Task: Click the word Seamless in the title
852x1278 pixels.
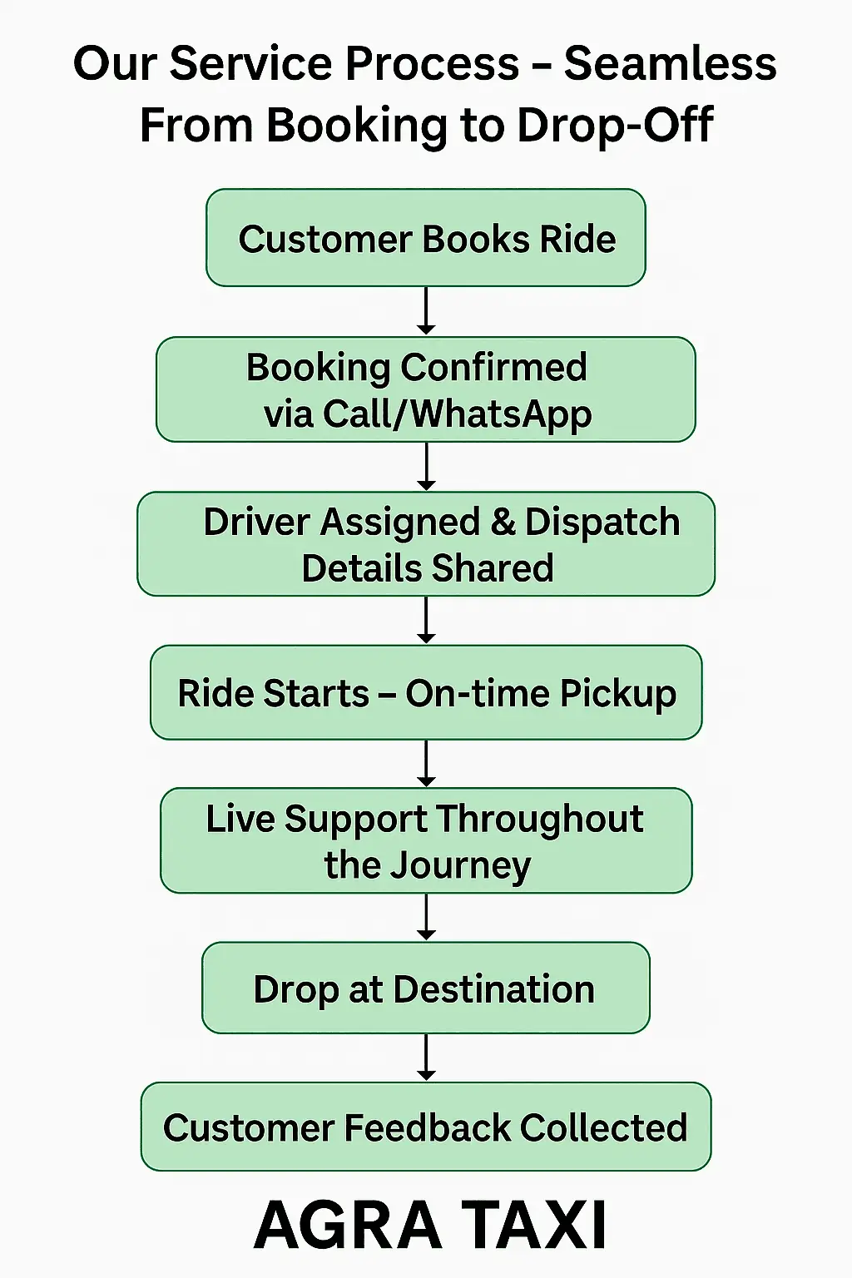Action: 670,64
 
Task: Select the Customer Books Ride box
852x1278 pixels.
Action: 426,239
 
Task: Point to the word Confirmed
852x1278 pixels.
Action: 494,367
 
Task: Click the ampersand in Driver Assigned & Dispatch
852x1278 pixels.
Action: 503,523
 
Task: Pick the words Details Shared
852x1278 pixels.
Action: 427,568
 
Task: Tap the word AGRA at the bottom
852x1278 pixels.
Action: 348,1225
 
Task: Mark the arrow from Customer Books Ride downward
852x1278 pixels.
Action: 426,310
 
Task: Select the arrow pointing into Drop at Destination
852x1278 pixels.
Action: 426,917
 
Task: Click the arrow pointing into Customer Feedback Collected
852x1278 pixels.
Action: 426,1058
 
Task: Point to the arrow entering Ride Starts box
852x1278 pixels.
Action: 426,621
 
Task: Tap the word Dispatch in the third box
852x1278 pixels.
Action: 602,523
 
